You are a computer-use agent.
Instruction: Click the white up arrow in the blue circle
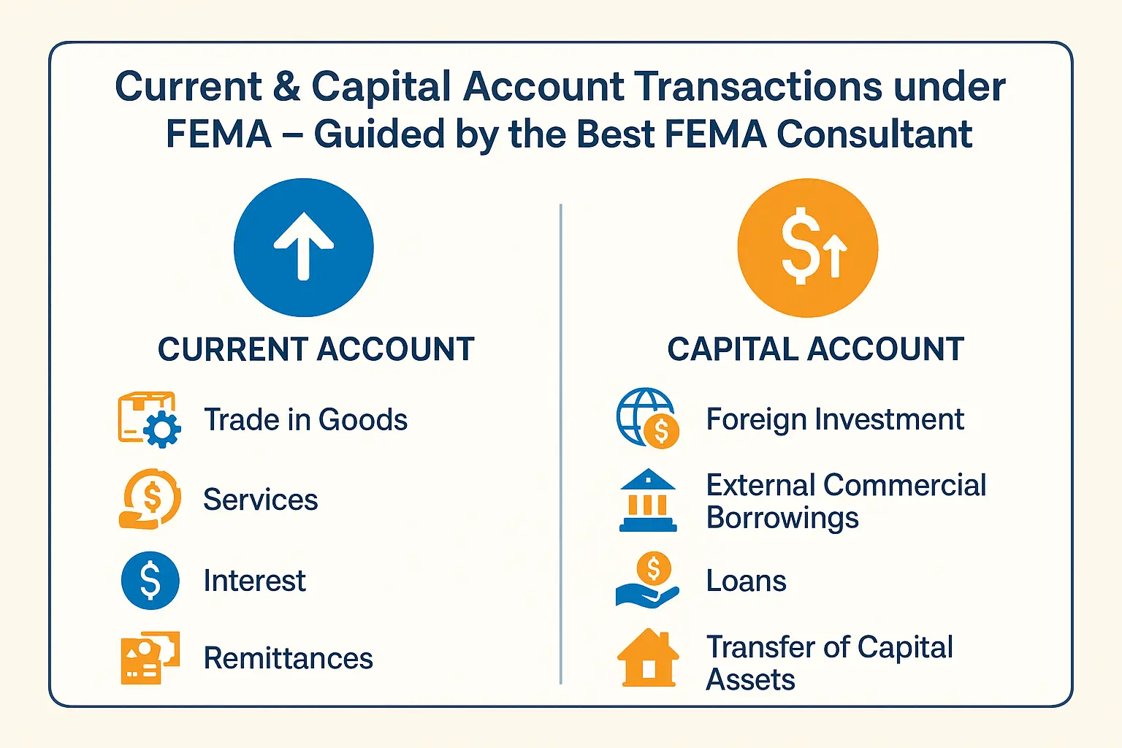[x=304, y=247]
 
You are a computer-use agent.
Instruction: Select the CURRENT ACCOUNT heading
[x=316, y=349]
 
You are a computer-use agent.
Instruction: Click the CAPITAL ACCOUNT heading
[x=815, y=349]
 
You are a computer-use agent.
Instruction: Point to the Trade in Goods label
[x=305, y=420]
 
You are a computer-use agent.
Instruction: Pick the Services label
[x=260, y=500]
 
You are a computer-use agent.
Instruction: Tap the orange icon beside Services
[x=150, y=499]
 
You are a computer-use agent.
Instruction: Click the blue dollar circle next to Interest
[x=150, y=581]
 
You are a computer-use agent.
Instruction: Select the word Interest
[x=254, y=581]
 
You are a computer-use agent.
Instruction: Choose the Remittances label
[x=288, y=658]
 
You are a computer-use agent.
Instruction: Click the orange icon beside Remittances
[x=150, y=657]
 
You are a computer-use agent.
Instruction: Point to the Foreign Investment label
[x=834, y=419]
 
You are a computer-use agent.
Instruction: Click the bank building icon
[x=648, y=500]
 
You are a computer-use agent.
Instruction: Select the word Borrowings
[x=782, y=518]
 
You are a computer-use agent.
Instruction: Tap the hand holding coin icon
[x=648, y=581]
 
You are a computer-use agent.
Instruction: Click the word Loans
[x=746, y=581]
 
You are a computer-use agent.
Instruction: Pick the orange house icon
[x=648, y=658]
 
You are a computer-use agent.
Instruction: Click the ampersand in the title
[x=287, y=87]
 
